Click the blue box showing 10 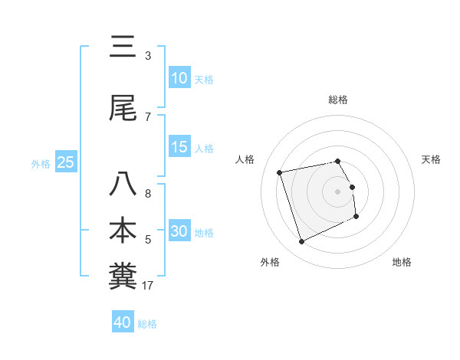pos(179,78)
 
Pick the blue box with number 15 pos(179,148)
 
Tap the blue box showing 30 pos(179,231)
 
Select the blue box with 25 pos(65,162)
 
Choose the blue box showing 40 pos(123,322)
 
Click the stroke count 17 pos(148,286)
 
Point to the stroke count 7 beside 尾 pos(148,116)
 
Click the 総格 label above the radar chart pos(338,100)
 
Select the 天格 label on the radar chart pos(431,159)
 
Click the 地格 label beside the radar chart pos(402,262)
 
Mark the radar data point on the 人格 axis pos(280,172)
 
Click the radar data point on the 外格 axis pos(301,242)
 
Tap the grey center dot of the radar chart pos(338,191)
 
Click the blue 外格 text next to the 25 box pos(41,163)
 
